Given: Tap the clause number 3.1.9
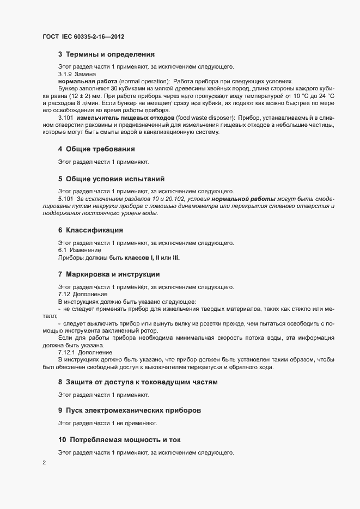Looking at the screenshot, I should pos(65,74).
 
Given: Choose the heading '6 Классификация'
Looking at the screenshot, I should pos(90,230).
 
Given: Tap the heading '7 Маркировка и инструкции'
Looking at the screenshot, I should pos(109,274).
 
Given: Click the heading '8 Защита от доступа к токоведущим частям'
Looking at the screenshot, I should pos(137,382).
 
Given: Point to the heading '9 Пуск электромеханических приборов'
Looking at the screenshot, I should pos(132,409).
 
